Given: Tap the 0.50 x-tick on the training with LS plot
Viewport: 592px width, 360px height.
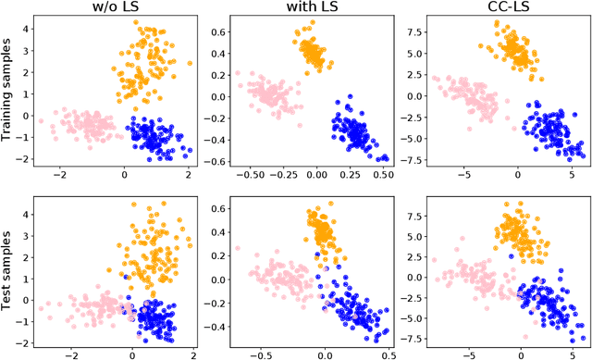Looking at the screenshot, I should pyautogui.click(x=383, y=173).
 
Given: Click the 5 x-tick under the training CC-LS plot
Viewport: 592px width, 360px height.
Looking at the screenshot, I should pyautogui.click(x=572, y=173).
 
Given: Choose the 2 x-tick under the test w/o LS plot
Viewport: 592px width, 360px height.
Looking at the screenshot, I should pyautogui.click(x=192, y=353).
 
